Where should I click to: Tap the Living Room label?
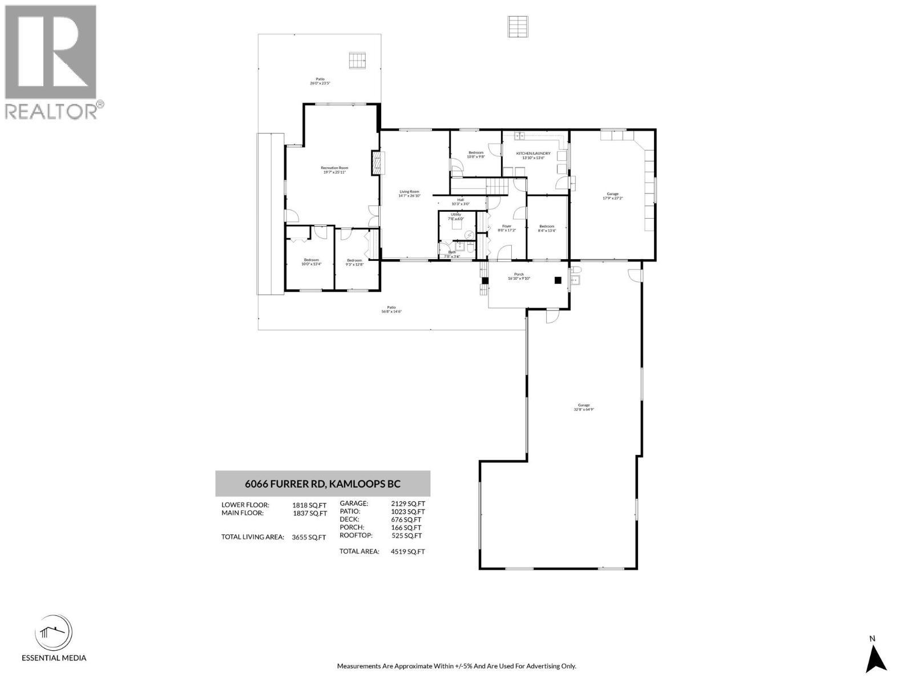coord(409,194)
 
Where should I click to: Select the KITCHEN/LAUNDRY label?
coord(533,155)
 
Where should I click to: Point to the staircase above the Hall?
coord(496,186)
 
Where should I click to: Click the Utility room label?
coord(456,216)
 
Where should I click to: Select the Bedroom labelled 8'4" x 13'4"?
coord(547,228)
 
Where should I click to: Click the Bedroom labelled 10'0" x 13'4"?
coord(311,262)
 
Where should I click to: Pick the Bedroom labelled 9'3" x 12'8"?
coord(354,263)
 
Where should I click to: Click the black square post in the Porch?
coord(558,280)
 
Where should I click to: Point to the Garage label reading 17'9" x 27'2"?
coord(613,196)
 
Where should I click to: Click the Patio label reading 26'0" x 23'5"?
coord(320,81)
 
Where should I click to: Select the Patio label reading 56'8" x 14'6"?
coord(392,309)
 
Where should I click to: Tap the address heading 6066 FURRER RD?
coord(322,483)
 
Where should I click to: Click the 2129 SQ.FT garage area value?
coord(408,503)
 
